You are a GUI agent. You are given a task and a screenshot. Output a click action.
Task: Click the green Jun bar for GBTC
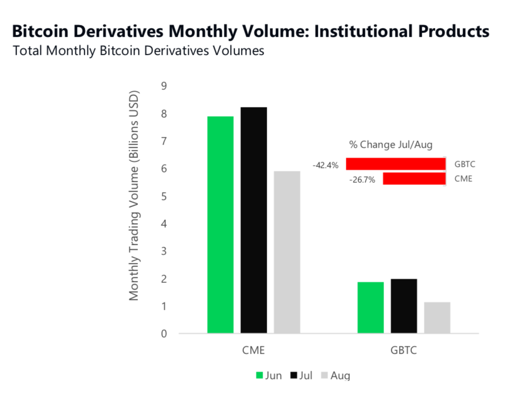click(x=371, y=308)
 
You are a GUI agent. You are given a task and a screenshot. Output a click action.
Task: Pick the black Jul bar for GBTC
click(x=404, y=306)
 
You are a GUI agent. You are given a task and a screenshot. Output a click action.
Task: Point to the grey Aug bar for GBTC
click(x=437, y=317)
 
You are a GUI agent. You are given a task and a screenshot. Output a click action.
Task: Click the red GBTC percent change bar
click(x=395, y=164)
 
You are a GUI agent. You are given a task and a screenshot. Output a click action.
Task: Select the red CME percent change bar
click(x=414, y=179)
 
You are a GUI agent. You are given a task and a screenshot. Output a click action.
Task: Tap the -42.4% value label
click(x=326, y=165)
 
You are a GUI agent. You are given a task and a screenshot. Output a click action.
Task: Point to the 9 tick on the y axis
click(x=164, y=86)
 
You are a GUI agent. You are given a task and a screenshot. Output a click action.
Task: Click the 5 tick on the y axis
click(x=164, y=196)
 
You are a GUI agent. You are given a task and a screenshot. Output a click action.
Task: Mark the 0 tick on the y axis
click(x=164, y=333)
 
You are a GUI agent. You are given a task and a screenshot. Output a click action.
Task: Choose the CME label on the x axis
click(x=253, y=350)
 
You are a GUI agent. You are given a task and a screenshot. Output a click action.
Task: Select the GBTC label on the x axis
click(x=403, y=350)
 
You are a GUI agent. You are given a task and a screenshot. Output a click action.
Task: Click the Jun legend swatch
click(x=260, y=376)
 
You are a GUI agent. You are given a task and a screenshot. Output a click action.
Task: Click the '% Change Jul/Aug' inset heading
click(x=391, y=145)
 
